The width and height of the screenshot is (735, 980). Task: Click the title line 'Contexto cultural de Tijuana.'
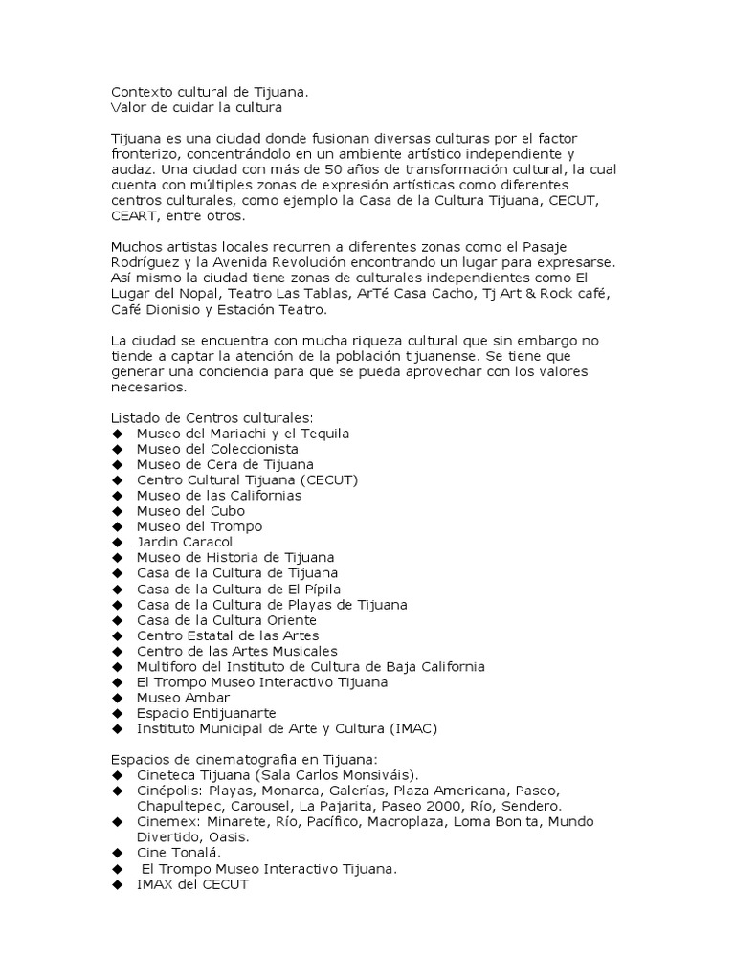(210, 92)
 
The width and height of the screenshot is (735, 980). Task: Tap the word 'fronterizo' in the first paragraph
(146, 154)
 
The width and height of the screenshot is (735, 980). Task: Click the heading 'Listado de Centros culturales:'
(212, 417)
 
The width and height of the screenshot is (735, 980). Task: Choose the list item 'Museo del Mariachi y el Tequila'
(243, 434)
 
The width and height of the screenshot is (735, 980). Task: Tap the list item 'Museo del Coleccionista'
(217, 449)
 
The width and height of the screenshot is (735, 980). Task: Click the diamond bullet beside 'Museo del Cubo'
(118, 511)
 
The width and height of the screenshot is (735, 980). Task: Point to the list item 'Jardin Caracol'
(185, 542)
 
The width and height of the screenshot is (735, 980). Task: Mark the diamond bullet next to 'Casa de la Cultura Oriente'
(118, 620)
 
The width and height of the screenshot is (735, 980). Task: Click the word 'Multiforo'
(167, 666)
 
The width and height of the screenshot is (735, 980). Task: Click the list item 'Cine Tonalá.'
(179, 853)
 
